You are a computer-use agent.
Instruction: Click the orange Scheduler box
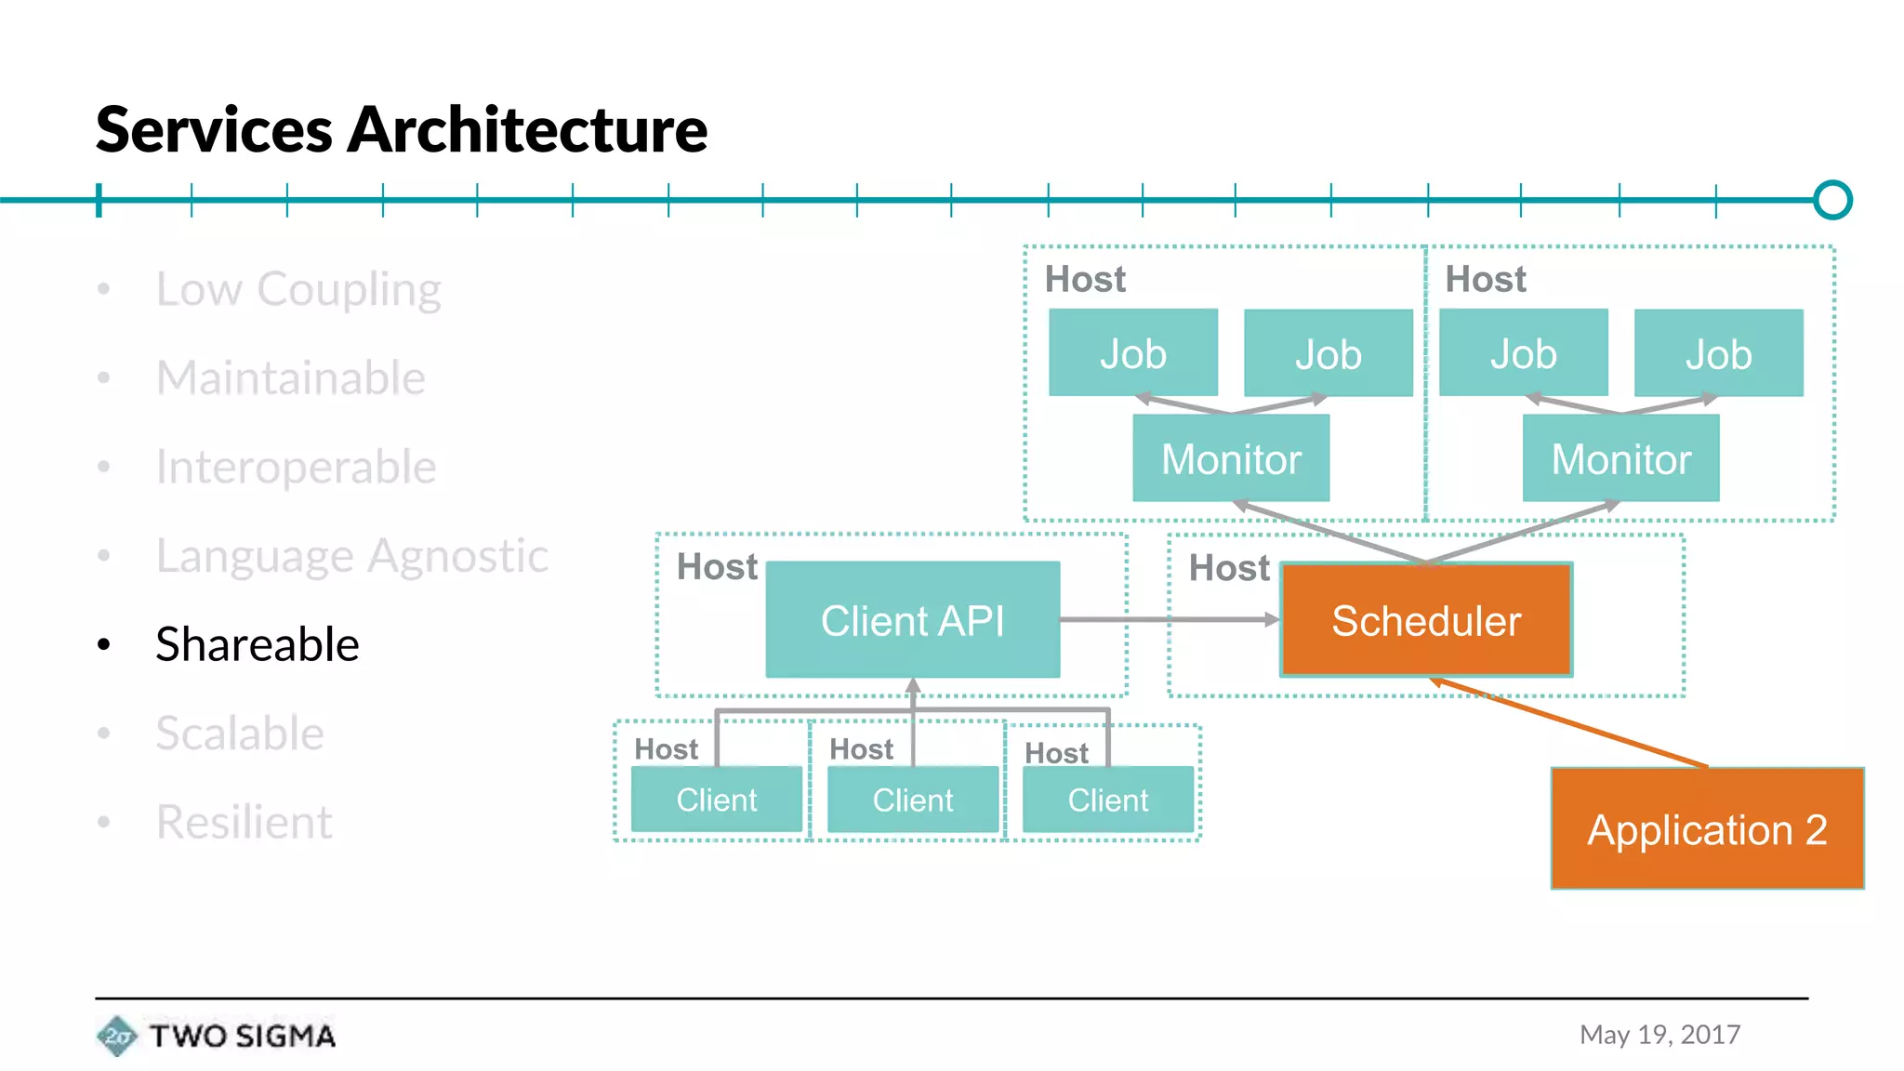[x=1426, y=620]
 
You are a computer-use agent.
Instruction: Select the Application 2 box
[x=1707, y=828]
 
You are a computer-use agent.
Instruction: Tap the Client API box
[x=912, y=620]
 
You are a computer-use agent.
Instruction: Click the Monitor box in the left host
[x=1231, y=458]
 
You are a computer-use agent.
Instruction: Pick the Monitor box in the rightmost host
[x=1620, y=458]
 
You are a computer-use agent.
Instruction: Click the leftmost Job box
[x=1132, y=353]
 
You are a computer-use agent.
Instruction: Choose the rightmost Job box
[x=1718, y=353]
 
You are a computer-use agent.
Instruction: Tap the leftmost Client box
[x=716, y=800]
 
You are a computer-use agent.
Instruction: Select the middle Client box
[x=912, y=800]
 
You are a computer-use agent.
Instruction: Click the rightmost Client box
[x=1107, y=800]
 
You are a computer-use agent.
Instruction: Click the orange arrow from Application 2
[x=1571, y=723]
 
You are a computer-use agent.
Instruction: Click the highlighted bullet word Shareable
[x=257, y=644]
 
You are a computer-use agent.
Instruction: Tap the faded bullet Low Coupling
[x=297, y=289]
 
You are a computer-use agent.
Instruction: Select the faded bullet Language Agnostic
[x=351, y=556]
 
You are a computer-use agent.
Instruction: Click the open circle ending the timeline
[x=1832, y=200]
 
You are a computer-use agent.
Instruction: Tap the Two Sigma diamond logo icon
[x=117, y=1036]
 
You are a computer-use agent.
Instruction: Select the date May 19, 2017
[x=1659, y=1035]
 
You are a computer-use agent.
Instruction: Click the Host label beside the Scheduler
[x=1228, y=568]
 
